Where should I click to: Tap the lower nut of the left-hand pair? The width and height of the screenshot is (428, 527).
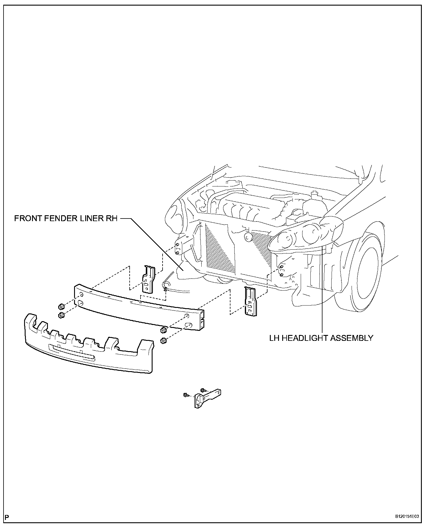pos(61,316)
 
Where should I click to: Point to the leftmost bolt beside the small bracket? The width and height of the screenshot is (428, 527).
pos(185,395)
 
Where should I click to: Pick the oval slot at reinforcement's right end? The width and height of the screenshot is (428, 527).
pos(188,325)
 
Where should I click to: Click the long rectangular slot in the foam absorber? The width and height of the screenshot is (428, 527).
pos(72,351)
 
